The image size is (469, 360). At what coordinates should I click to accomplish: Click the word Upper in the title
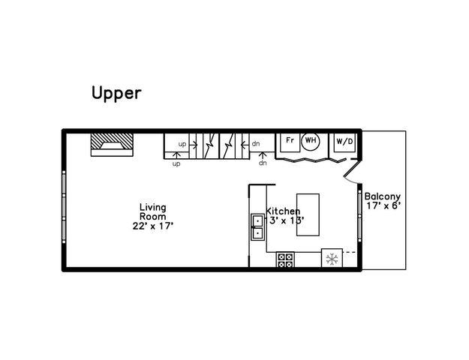pos(116,93)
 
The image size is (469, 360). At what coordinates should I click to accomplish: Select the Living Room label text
pos(152,211)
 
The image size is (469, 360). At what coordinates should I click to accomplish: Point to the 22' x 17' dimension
pos(152,225)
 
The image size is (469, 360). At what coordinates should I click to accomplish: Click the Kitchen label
pos(283,212)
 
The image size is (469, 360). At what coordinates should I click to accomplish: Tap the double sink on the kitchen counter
pos(257,226)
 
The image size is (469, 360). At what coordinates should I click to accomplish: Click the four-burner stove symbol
pos(286,260)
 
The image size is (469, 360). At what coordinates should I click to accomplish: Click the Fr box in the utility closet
pos(289,139)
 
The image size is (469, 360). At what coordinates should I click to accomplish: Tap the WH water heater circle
pos(311,140)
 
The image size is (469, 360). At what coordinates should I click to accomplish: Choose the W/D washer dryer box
pos(344,141)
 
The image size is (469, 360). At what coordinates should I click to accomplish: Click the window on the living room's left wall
pos(64,206)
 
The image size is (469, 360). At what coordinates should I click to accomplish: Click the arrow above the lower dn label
pos(262,155)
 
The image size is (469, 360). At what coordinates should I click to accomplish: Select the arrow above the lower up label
pos(177,155)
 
